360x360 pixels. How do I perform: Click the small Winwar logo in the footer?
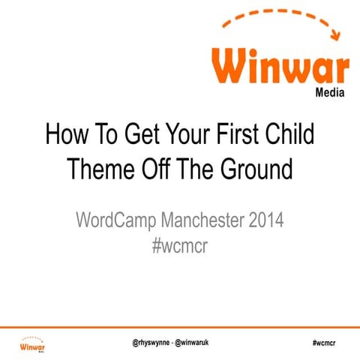point(32,345)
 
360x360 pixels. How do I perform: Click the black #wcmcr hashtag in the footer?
point(323,342)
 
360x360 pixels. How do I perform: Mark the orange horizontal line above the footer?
point(180,328)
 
